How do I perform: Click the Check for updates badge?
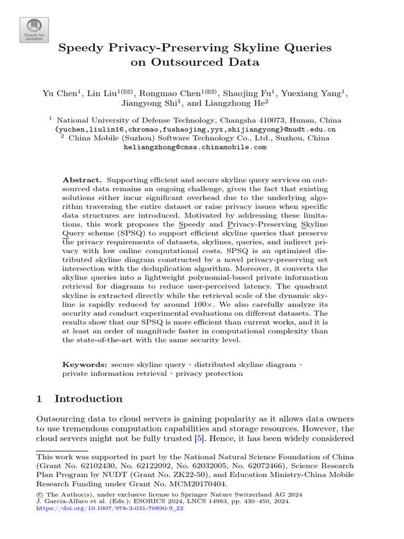(x=34, y=30)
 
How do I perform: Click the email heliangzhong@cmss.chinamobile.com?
(x=195, y=147)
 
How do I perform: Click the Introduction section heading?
(x=88, y=398)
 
